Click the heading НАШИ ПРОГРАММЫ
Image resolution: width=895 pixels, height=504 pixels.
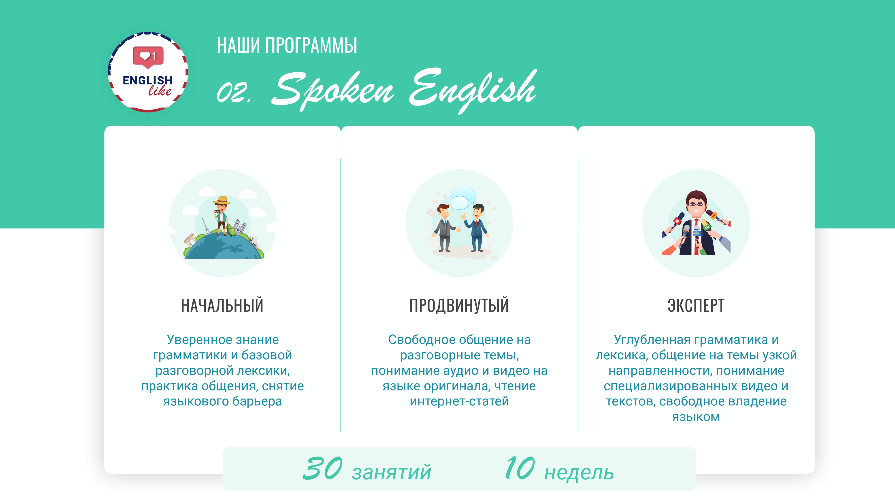(287, 45)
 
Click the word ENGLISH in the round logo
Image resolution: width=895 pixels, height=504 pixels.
(148, 80)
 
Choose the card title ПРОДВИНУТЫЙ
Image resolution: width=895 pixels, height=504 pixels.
(459, 305)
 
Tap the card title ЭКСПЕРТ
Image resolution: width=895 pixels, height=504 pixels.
(696, 305)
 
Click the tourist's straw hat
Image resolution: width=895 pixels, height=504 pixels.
(221, 200)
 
